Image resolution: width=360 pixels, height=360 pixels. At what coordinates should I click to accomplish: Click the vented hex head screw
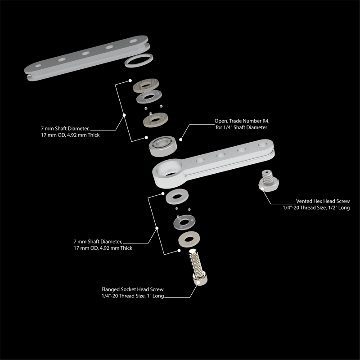[268, 181]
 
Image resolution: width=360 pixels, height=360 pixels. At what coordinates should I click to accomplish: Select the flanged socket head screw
[197, 267]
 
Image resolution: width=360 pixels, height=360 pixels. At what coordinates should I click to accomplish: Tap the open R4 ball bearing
[163, 146]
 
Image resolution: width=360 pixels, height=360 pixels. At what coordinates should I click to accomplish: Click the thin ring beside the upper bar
[139, 60]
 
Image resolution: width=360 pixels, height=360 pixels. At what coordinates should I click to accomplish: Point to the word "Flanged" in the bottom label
[110, 289]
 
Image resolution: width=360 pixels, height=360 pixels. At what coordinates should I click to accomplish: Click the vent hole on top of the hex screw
[266, 172]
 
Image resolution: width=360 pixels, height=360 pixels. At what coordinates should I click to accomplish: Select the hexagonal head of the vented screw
[269, 186]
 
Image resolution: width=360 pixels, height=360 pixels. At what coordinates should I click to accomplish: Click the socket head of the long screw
[200, 279]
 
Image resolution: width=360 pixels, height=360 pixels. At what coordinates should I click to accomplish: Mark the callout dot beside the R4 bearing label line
[181, 139]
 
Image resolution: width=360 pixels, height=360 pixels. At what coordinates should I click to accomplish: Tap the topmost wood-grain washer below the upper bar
[146, 85]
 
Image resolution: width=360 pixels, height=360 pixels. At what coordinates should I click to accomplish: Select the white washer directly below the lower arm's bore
[177, 196]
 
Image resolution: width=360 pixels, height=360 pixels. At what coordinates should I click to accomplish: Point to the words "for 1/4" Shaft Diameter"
[241, 127]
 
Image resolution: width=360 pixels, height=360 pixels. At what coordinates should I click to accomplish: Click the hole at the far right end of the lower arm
[262, 144]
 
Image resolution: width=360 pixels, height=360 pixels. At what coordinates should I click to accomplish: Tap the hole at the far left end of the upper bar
[38, 66]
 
